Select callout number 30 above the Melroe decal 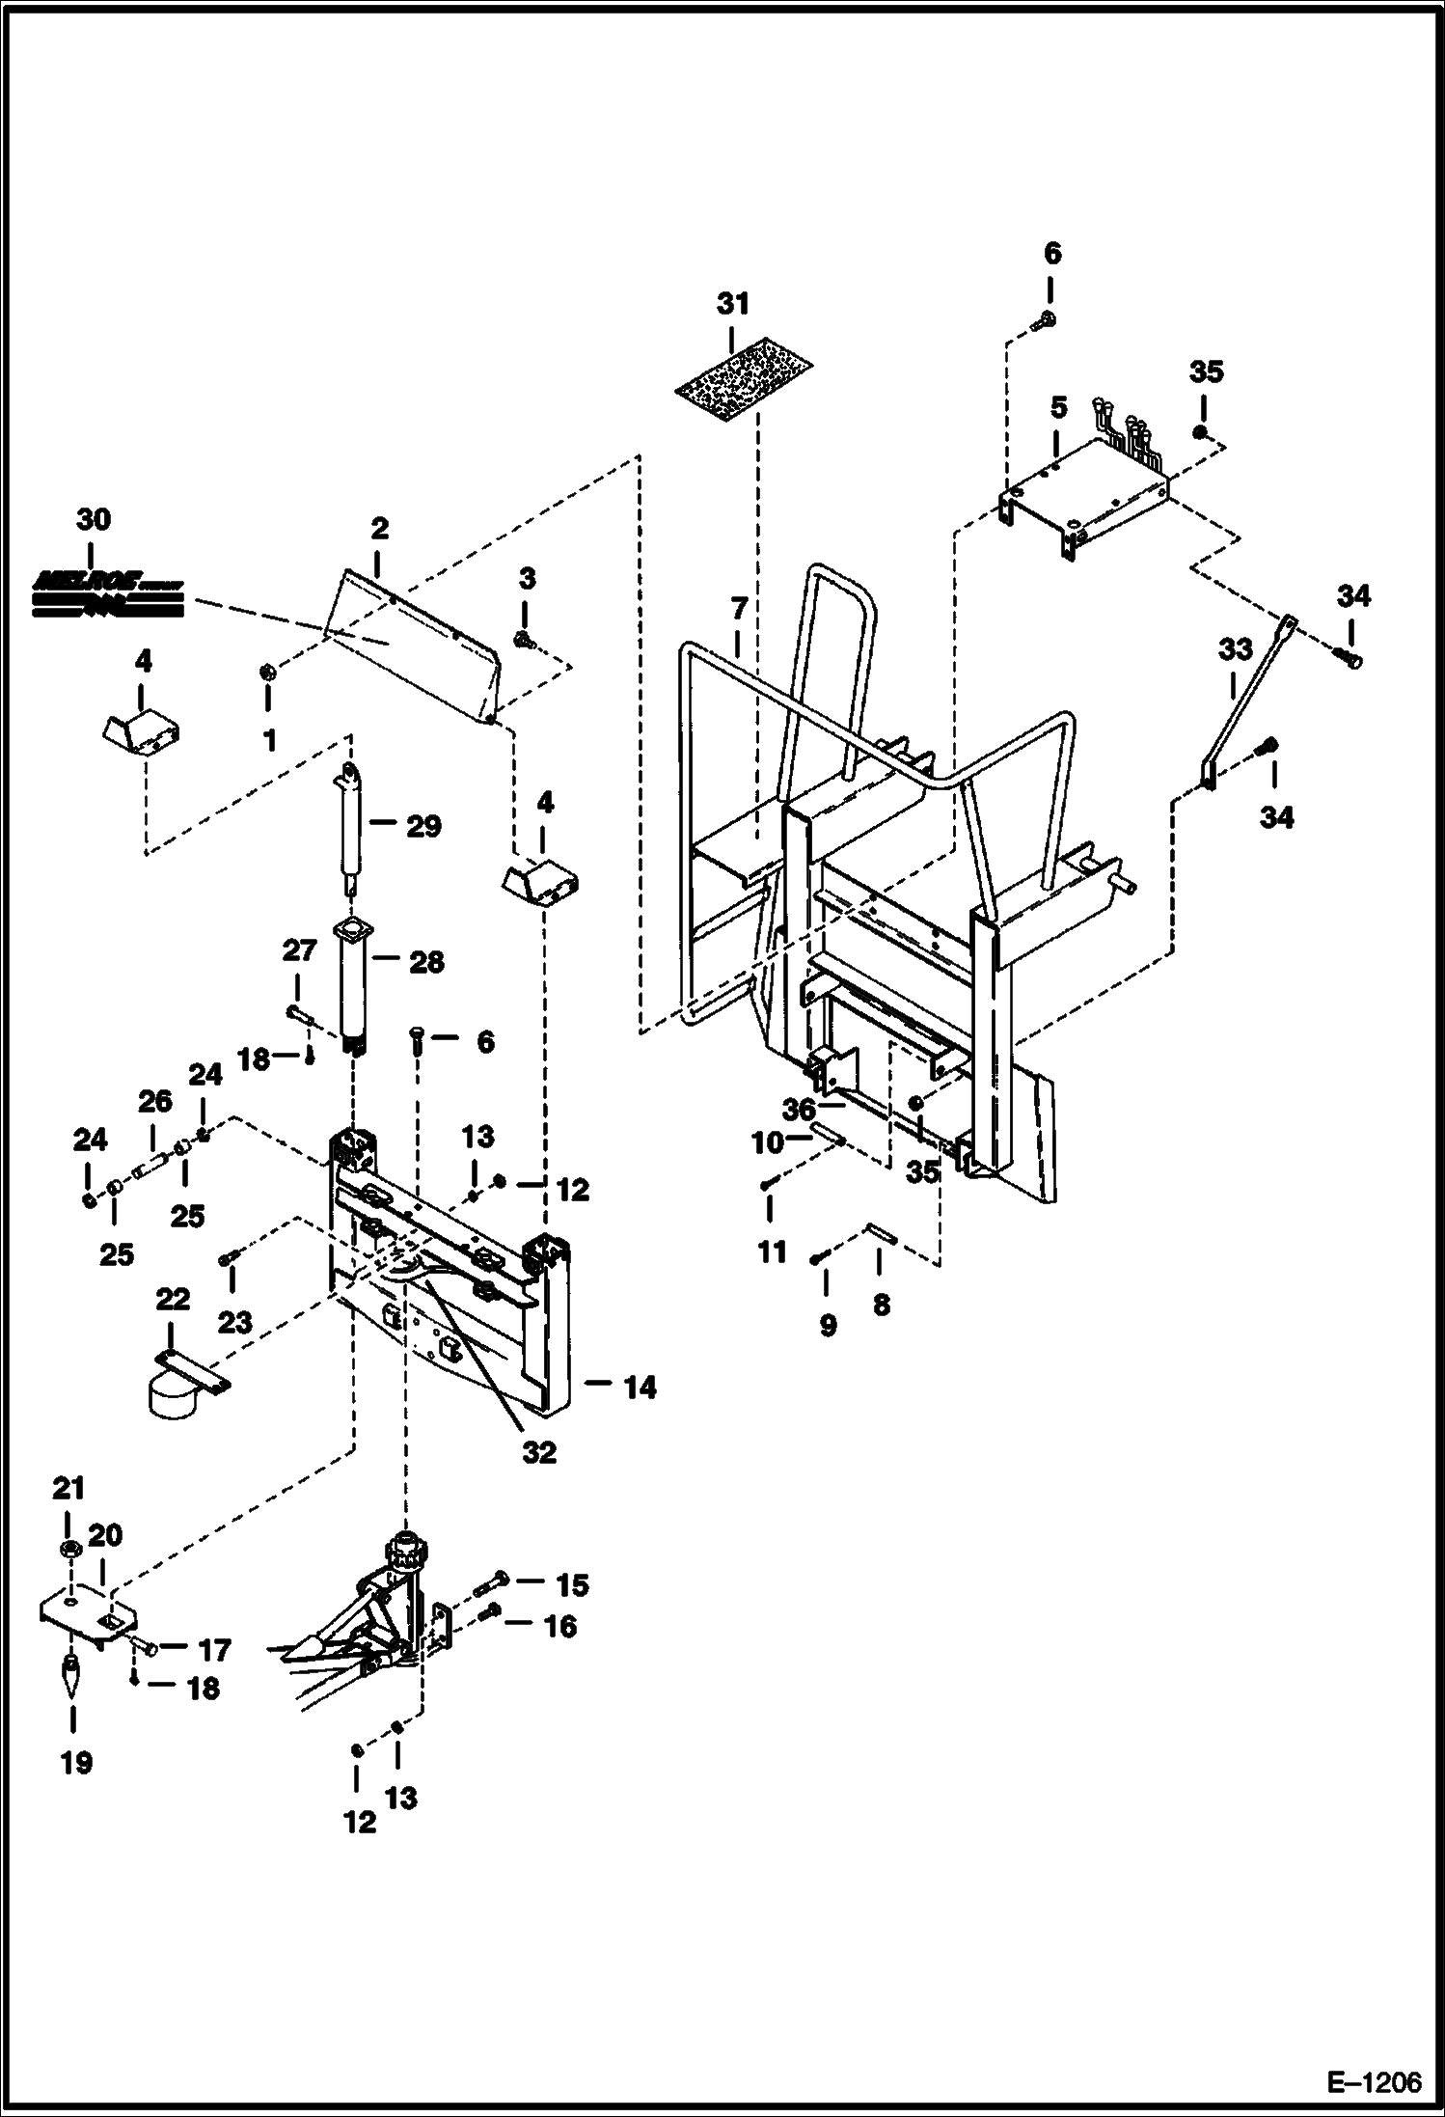click(x=93, y=519)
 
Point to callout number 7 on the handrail click(x=739, y=609)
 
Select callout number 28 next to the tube click(x=425, y=962)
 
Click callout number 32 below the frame click(x=539, y=1452)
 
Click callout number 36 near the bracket click(x=799, y=1110)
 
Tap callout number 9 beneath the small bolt click(x=828, y=1326)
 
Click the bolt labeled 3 click(x=524, y=639)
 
